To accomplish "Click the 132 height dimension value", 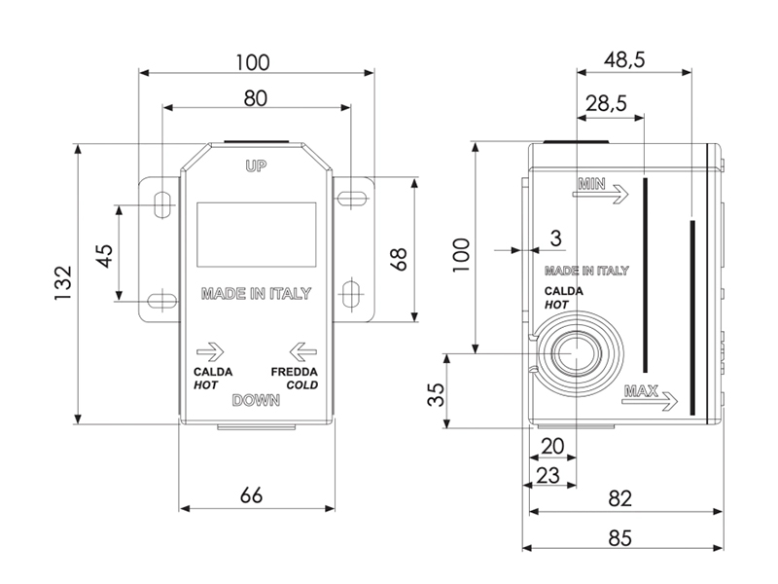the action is pos(63,283).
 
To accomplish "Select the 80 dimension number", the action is pos(256,98).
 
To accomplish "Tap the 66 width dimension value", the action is pos(251,495).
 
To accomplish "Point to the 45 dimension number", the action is pos(105,256).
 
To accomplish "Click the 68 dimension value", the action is pos(399,259).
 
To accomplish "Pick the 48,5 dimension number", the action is pos(624,59).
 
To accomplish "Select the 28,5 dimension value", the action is pos(606,103).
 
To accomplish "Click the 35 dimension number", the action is pos(436,395).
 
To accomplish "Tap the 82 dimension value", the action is pos(620,498).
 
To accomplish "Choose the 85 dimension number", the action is pos(620,538).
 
